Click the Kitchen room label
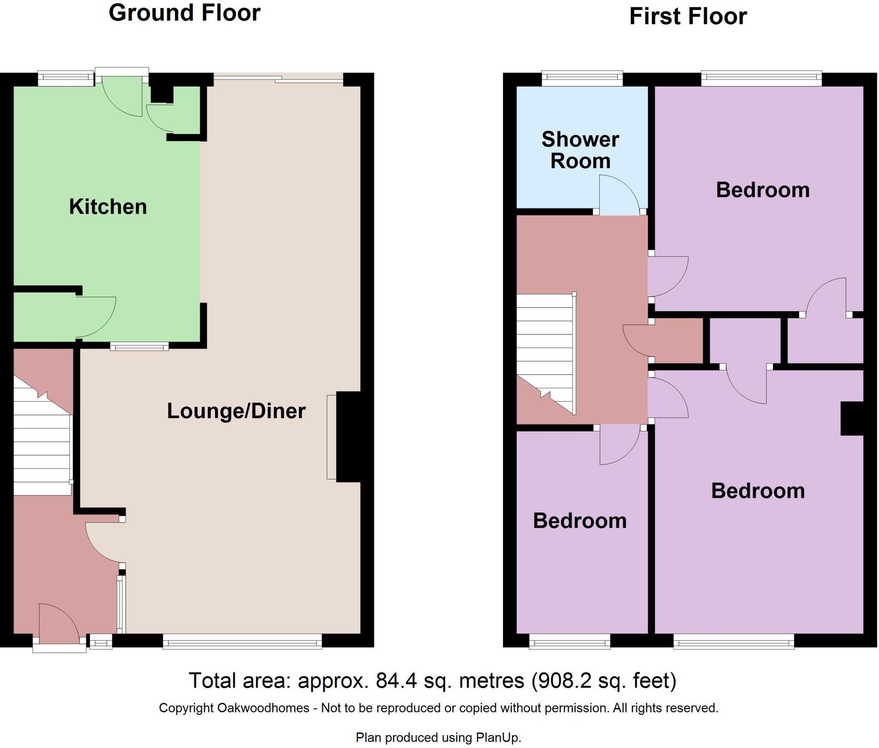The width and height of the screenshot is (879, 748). [x=108, y=207]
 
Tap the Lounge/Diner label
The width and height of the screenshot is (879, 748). [x=236, y=411]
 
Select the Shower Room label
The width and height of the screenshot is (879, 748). [x=580, y=150]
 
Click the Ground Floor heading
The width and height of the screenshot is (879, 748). [x=185, y=13]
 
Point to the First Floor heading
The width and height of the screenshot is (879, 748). [x=688, y=17]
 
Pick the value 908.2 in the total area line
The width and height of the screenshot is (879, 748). [x=561, y=681]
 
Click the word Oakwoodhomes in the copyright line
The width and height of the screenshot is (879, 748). [x=263, y=708]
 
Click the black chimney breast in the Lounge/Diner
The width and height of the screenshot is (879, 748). [x=349, y=436]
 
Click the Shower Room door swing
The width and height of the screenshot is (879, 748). [x=620, y=195]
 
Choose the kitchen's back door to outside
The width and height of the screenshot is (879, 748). [x=122, y=96]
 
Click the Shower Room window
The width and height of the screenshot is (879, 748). [x=582, y=79]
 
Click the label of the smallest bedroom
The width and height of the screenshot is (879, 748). [x=580, y=521]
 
